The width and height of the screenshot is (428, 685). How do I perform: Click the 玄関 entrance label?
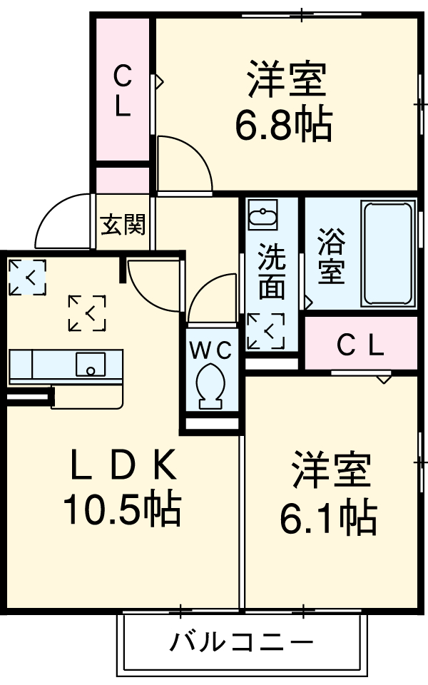coord(123,225)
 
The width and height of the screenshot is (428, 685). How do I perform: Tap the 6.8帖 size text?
coord(283,126)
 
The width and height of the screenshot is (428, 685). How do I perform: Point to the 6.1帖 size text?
coord(327,519)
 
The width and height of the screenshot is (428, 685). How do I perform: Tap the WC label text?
coord(210,350)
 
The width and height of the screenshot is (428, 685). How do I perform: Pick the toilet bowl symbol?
coord(210,386)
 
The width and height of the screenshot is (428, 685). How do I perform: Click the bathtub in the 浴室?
coord(388,253)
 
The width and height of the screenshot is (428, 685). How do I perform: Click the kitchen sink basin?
coord(90,365)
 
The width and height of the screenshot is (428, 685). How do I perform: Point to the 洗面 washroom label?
coord(271,271)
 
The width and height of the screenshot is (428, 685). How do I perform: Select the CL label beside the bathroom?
coord(360,346)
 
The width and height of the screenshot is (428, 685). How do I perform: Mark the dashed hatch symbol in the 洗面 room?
coord(265,332)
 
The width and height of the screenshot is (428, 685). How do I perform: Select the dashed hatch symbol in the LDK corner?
coord(26,277)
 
